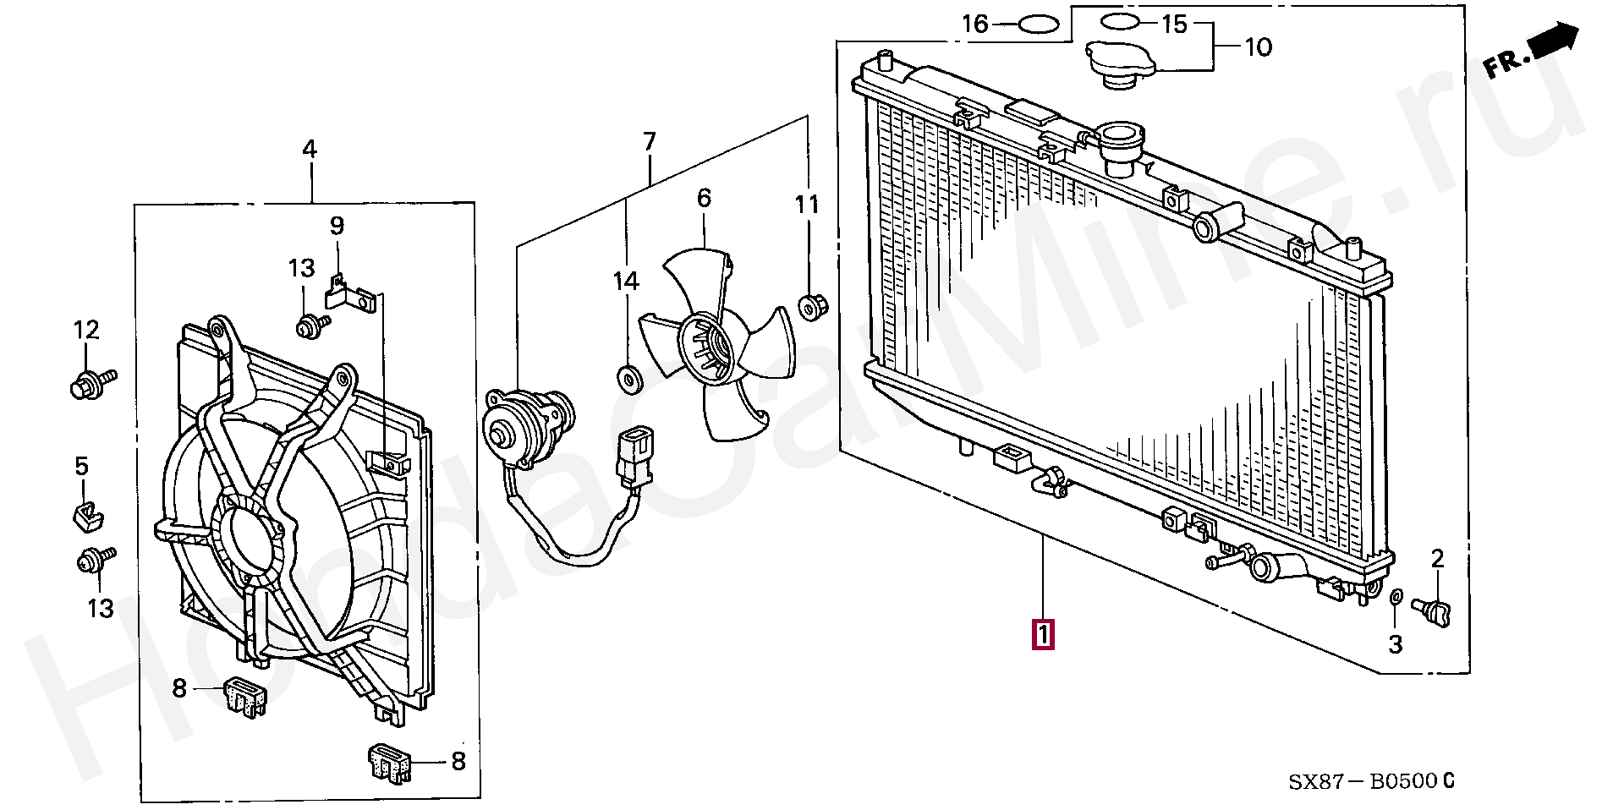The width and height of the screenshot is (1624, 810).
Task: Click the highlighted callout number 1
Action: (x=1043, y=635)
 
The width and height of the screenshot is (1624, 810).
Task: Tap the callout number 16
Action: (x=975, y=24)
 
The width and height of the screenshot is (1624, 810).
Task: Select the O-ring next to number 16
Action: (x=1038, y=25)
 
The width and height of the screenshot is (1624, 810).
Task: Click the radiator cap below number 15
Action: (x=1122, y=63)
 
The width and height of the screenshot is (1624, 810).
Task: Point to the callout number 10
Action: (x=1258, y=47)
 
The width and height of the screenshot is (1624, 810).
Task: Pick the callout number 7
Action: (x=649, y=141)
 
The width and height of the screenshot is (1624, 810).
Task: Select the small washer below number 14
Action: (x=628, y=380)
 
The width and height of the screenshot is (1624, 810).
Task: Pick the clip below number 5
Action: (x=85, y=513)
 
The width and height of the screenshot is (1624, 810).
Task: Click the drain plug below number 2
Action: (x=1430, y=609)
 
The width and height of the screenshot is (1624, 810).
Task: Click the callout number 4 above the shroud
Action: (x=310, y=150)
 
